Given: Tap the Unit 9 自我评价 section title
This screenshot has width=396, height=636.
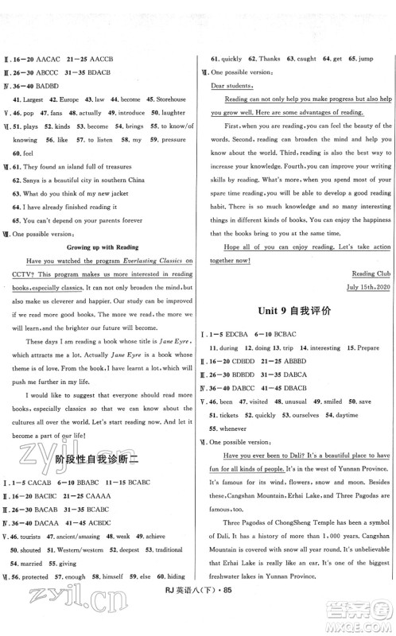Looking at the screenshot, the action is tap(298, 307).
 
